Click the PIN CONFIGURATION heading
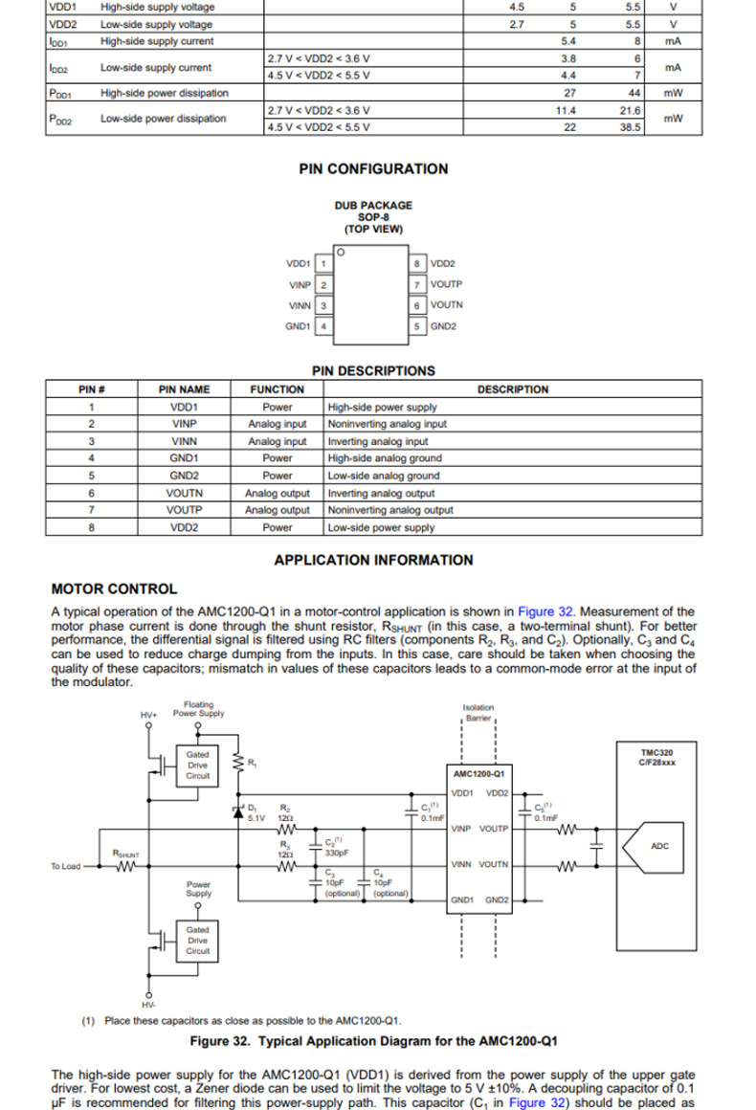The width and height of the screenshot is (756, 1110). pos(373,169)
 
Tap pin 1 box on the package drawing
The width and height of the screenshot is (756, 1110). pos(324,263)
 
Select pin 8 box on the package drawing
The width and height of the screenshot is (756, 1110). pos(417,263)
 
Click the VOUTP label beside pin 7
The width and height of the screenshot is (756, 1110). pos(446,284)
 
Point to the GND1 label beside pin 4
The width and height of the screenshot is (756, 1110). pos(298,326)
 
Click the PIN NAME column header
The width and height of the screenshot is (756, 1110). pos(184,389)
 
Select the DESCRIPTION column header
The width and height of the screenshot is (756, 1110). pos(513,389)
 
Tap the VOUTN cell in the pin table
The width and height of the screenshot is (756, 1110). pos(184,493)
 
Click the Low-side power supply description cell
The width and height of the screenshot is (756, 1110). pos(381,527)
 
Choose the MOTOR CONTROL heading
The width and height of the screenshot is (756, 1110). pos(114,589)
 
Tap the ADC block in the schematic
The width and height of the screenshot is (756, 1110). pos(659,846)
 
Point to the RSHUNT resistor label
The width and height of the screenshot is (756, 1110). pos(125,853)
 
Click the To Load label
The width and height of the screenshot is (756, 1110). pos(65,867)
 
